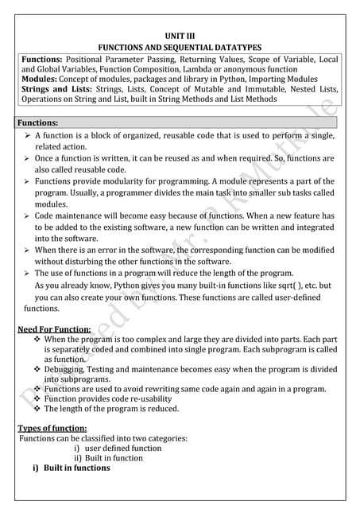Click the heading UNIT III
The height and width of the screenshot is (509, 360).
click(179, 37)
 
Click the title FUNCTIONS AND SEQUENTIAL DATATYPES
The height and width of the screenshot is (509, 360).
click(179, 48)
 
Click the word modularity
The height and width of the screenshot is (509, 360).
click(123, 181)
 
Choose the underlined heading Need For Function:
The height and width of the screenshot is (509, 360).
click(54, 328)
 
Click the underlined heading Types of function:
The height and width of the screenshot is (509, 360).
click(52, 428)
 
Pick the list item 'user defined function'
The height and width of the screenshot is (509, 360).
click(123, 448)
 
